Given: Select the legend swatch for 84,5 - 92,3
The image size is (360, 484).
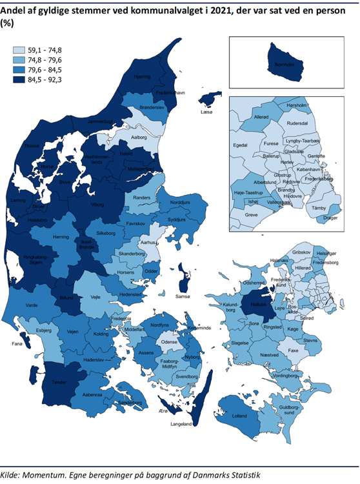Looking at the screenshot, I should pyautogui.click(x=22, y=79).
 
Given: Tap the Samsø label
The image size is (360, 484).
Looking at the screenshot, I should pyautogui.click(x=183, y=296).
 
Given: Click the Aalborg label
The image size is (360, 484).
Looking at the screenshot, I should pyautogui.click(x=139, y=137).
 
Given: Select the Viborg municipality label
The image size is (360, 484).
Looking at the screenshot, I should pyautogui.click(x=97, y=204).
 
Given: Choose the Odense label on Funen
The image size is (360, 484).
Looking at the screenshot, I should pyautogui.click(x=170, y=341).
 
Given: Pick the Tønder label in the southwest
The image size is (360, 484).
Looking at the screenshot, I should pyautogui.click(x=59, y=382).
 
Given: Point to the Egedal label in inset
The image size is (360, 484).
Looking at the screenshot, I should pyautogui.click(x=241, y=146).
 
